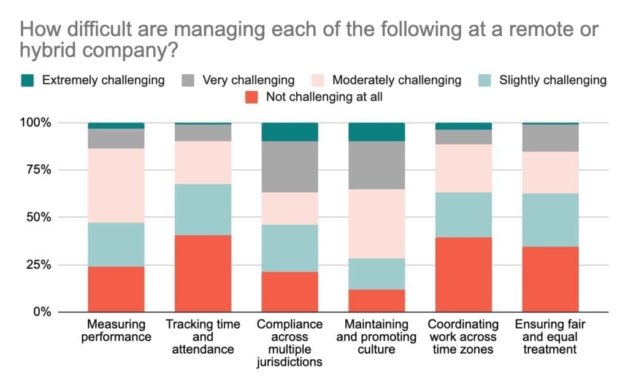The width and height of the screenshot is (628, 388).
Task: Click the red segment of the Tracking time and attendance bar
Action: [x=203, y=273]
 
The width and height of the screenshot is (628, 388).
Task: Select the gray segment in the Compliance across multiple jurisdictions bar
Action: [x=290, y=167]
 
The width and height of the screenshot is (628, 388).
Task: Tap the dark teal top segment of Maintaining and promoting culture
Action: [x=377, y=132]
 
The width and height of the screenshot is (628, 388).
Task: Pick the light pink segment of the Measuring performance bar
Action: [x=116, y=186]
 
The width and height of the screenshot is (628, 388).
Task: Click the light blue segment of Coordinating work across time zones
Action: [x=464, y=215]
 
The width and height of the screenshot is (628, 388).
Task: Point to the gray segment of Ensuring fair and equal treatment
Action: [x=550, y=138]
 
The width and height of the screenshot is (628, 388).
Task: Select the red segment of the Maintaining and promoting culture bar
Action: [x=377, y=301]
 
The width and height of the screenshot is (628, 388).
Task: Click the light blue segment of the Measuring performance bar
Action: [x=116, y=245]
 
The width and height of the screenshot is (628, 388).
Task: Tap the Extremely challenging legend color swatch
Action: [x=27, y=80]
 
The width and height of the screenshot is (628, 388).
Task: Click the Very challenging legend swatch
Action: [x=188, y=80]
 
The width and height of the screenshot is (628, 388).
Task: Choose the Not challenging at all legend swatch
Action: [x=251, y=97]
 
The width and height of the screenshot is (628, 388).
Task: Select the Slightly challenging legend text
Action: [x=553, y=80]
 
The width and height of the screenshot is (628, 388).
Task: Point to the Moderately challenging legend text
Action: [x=397, y=80]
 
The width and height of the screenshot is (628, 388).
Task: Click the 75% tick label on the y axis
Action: [x=39, y=170]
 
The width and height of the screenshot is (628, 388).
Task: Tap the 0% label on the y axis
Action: [x=42, y=312]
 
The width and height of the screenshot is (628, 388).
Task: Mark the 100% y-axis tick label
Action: [x=36, y=123]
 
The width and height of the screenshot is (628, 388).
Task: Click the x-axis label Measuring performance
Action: [x=116, y=330]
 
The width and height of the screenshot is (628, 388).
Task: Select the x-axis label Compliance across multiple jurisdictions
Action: [x=289, y=343]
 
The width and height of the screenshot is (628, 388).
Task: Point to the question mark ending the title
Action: [x=174, y=50]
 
